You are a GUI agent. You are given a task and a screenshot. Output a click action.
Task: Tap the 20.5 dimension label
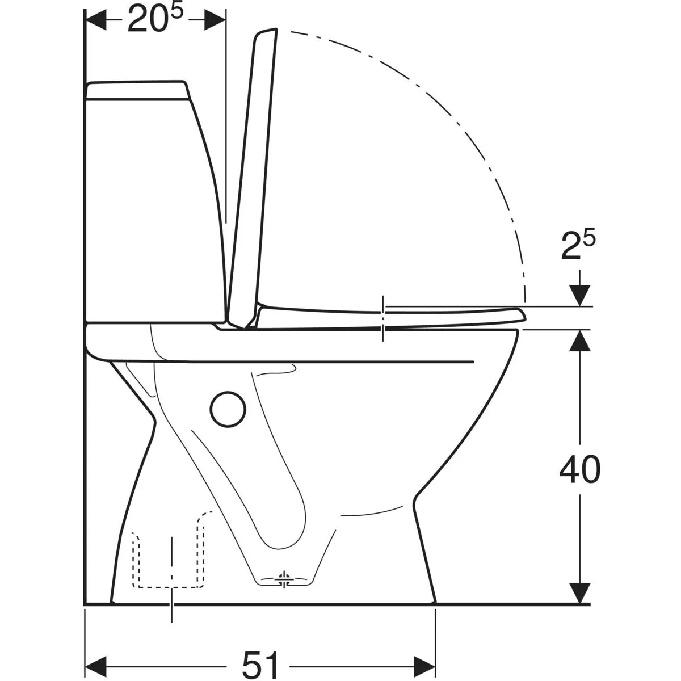[x=155, y=19]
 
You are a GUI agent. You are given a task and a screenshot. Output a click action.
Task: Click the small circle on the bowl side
[x=228, y=409]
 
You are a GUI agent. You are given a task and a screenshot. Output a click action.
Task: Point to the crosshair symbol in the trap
[x=283, y=579]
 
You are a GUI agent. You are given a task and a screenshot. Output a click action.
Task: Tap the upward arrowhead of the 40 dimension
[x=579, y=342]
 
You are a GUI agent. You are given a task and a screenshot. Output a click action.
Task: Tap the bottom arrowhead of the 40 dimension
[x=579, y=592]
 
